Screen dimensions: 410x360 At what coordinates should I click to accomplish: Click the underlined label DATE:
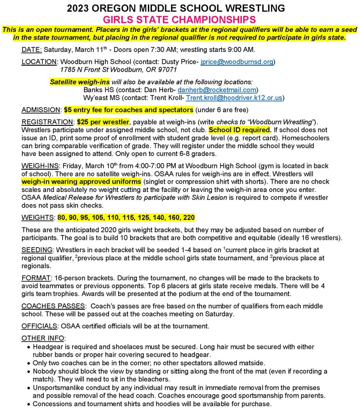tap(32, 49)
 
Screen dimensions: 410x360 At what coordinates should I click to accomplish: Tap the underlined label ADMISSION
tap(41, 110)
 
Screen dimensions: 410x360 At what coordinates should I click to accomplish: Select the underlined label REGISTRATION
tap(47, 123)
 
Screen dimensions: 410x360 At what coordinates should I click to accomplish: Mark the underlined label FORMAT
tap(36, 277)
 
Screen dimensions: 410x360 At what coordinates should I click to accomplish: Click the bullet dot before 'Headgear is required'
tap(29, 347)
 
